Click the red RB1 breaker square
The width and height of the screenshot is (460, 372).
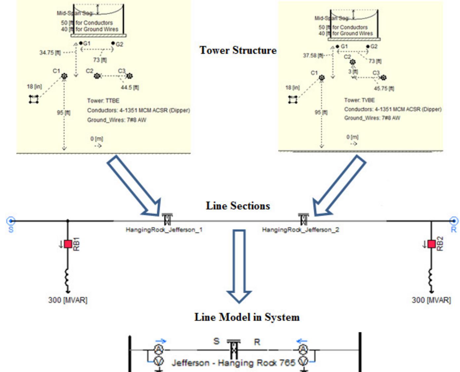(68, 244)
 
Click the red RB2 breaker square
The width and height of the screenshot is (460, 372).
(431, 244)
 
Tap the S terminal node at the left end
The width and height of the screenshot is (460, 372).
(11, 221)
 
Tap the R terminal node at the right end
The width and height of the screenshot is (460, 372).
(454, 221)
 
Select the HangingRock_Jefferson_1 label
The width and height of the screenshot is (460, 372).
(164, 230)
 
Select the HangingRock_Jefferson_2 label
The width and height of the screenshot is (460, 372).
(300, 230)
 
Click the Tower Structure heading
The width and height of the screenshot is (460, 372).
(238, 50)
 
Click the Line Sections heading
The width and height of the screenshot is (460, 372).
(238, 206)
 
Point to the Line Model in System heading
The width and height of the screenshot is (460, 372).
(247, 317)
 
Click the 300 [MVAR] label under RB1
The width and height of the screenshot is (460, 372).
(68, 300)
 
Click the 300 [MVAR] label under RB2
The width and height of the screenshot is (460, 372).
(431, 300)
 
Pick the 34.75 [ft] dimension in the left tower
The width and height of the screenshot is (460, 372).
(50, 52)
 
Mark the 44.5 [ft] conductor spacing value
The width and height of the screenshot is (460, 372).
(130, 87)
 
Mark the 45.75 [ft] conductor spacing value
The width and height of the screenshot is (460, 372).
(384, 88)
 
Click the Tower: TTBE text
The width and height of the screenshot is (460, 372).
(103, 101)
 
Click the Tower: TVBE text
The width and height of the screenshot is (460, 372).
(359, 100)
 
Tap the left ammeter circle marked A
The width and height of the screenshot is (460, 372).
(159, 350)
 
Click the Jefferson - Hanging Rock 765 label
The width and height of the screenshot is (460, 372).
(233, 363)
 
